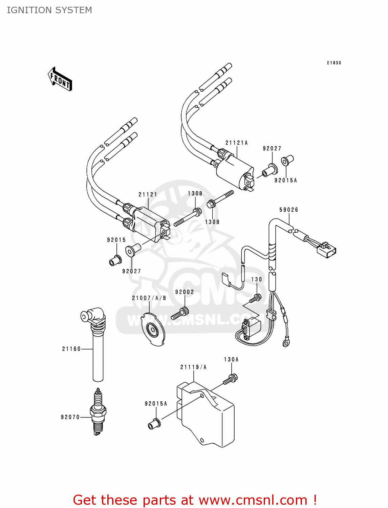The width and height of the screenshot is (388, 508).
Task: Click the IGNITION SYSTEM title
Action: tap(49, 10)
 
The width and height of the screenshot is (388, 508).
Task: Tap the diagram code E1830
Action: tap(334, 63)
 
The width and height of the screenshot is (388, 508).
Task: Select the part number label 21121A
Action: tap(237, 143)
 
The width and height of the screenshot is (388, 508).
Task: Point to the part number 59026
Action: tap(289, 210)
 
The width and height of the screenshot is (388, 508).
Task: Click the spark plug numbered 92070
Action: tap(98, 412)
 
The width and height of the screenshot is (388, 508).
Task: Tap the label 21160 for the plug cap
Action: tap(71, 349)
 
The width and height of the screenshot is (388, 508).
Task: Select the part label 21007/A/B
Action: tap(149, 298)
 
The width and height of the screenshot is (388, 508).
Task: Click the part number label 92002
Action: tap(185, 292)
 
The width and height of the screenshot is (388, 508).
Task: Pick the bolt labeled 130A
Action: tap(231, 379)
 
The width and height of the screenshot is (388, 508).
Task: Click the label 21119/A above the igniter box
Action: tap(193, 367)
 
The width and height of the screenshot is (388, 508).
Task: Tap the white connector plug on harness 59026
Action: tap(326, 250)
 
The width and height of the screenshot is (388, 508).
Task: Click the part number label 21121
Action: tap(148, 194)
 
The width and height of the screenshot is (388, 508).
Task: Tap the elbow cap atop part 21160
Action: tap(93, 316)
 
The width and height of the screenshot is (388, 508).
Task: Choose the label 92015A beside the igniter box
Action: tap(156, 404)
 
